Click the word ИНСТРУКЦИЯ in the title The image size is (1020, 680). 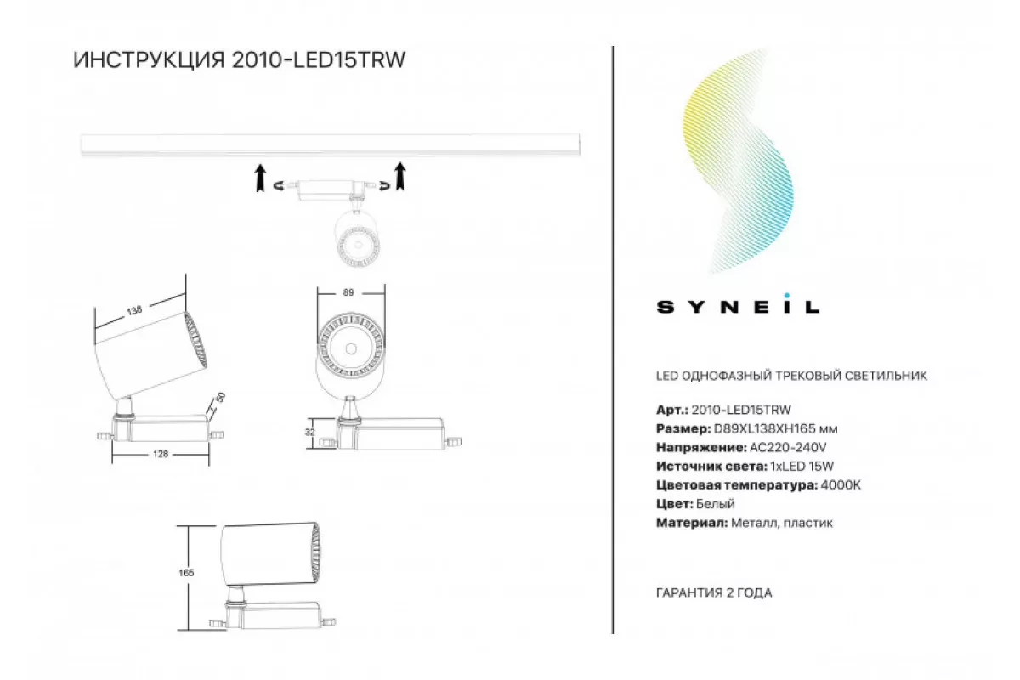[x=149, y=60]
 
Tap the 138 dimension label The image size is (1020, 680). [x=135, y=310]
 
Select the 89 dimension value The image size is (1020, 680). [x=348, y=292]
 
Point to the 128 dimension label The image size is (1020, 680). [x=161, y=454]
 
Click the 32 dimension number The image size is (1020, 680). [x=310, y=433]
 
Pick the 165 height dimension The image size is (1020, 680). [x=186, y=573]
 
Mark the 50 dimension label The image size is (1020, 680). [x=220, y=398]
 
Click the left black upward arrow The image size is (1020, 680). [x=260, y=178]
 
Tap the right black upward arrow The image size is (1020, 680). [x=400, y=176]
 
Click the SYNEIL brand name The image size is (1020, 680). [x=738, y=307]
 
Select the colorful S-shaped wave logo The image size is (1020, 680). [x=738, y=161]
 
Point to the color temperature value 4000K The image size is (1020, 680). [x=841, y=485]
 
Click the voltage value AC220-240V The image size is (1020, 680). [x=788, y=447]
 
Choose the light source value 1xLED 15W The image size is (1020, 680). [x=802, y=467]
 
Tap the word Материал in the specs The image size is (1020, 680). [x=692, y=523]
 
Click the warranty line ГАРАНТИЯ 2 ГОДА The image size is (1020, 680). [x=714, y=593]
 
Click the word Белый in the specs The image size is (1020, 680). [x=716, y=504]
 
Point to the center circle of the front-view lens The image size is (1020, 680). [x=350, y=348]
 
